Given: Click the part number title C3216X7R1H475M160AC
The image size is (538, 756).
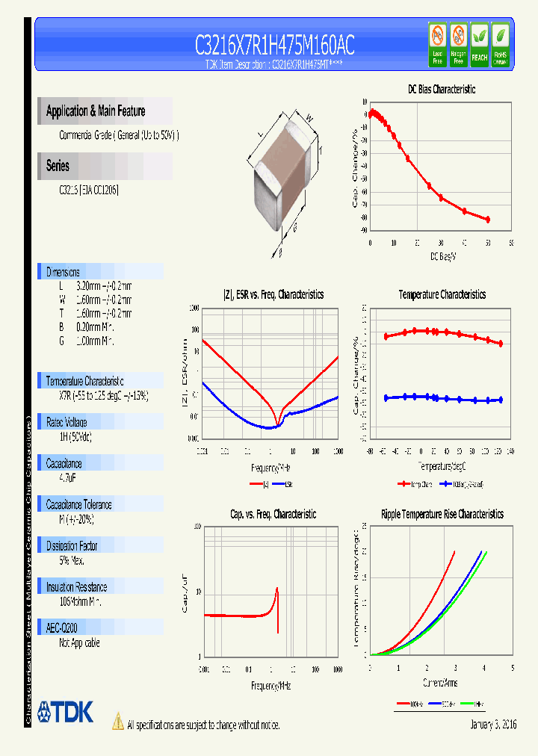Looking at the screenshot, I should tap(274, 46).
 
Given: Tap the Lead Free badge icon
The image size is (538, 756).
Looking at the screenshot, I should tap(436, 44).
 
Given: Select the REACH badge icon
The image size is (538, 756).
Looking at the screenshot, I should tap(479, 44).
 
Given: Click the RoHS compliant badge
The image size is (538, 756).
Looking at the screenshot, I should tap(501, 44).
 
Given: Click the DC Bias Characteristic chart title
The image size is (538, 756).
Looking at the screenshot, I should tap(441, 89).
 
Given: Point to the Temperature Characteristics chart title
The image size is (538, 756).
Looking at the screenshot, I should tap(442, 295).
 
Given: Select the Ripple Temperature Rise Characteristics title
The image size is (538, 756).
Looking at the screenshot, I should tap(442, 515).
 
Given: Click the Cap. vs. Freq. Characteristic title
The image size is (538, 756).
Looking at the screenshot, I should tap(273, 515).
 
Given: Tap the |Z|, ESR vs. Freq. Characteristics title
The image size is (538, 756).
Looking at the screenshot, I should tap(273, 295).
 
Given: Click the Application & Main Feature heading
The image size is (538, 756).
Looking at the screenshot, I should tap(96, 111).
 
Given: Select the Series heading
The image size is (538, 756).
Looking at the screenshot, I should tap(58, 166).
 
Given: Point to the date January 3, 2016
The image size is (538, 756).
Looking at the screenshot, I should tap(493, 725).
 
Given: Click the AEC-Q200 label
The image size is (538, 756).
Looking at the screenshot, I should tap(64, 629).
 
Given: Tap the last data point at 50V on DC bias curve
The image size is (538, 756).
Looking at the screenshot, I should tap(488, 220).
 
